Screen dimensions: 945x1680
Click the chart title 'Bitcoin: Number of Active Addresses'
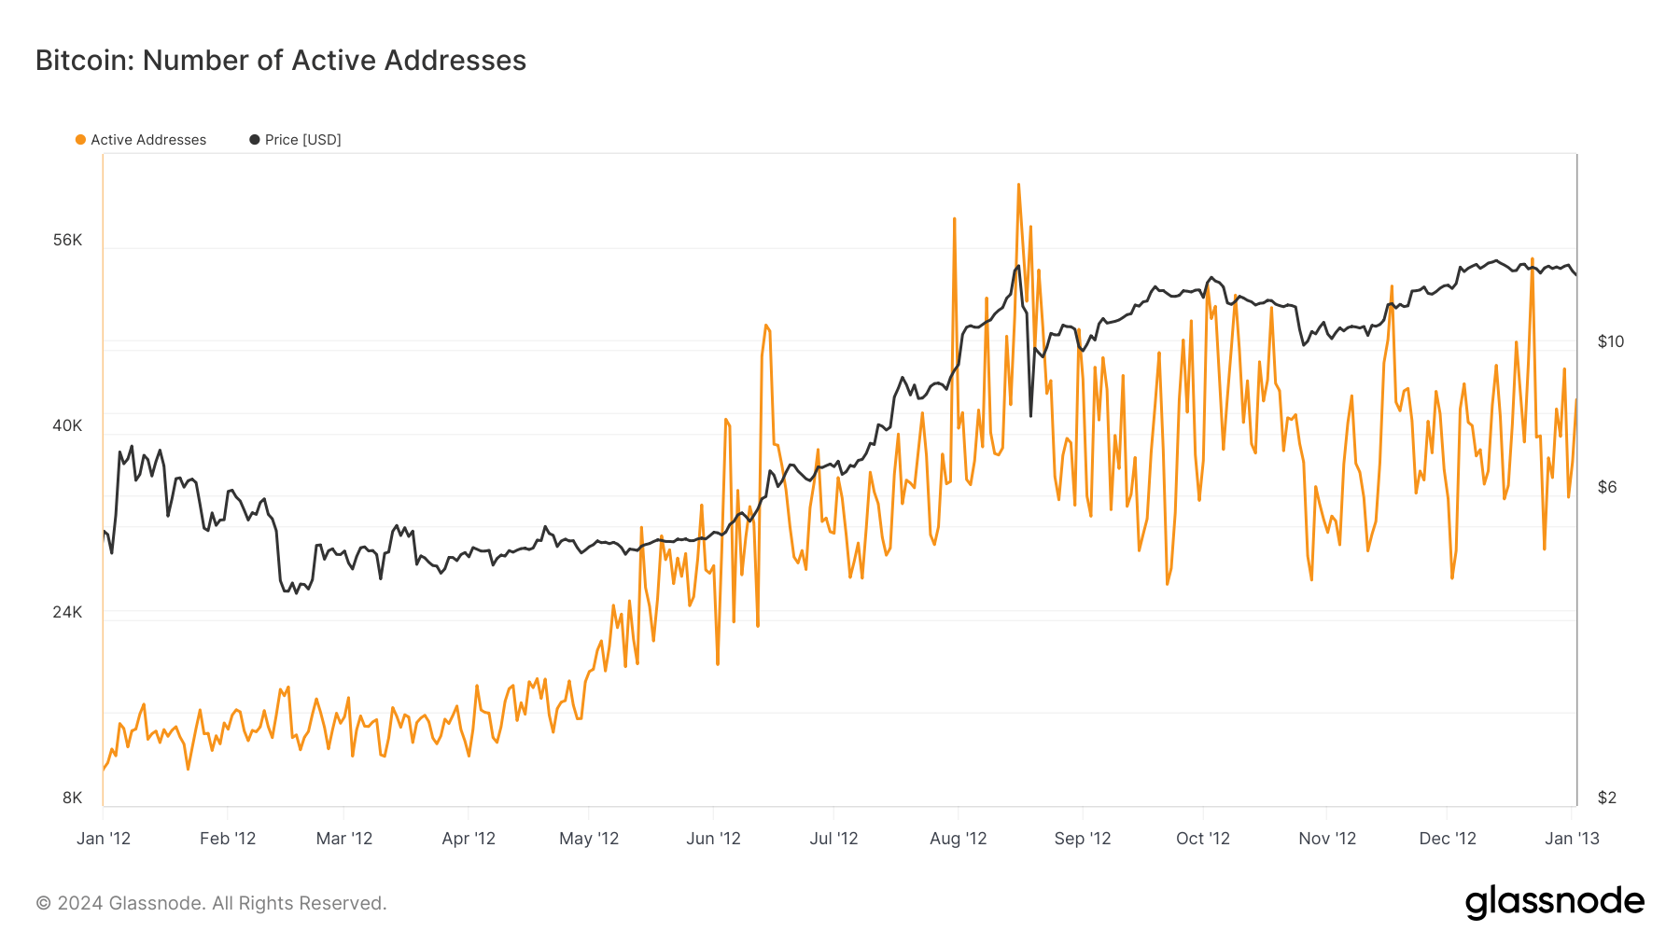click(280, 61)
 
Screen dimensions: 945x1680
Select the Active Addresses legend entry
click(147, 140)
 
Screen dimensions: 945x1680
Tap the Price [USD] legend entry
click(302, 140)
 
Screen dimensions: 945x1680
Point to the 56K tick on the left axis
click(67, 240)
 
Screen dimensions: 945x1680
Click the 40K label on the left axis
click(67, 425)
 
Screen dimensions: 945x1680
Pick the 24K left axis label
click(67, 612)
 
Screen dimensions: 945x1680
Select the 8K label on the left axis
click(72, 798)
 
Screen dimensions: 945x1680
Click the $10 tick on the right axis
click(1610, 341)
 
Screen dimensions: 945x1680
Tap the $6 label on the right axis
click(1606, 487)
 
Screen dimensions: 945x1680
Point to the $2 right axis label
click(1606, 798)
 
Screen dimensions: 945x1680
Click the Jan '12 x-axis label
click(104, 839)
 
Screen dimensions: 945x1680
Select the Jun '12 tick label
click(713, 839)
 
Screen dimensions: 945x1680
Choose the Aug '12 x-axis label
click(958, 839)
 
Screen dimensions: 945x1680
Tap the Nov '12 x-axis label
click(1326, 839)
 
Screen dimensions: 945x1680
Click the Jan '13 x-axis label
click(1572, 839)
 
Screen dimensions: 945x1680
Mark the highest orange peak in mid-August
click(1018, 185)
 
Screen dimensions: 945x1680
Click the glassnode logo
click(1554, 902)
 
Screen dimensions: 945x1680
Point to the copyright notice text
click(211, 903)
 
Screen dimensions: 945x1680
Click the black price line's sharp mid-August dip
click(1030, 415)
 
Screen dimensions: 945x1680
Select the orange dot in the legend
click(80, 140)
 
